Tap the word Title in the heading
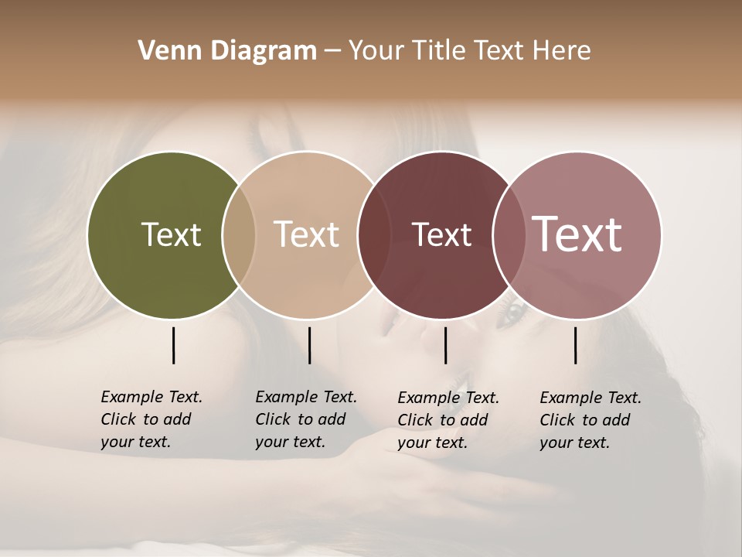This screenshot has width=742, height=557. pyautogui.click(x=438, y=51)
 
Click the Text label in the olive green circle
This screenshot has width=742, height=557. pyautogui.click(x=171, y=234)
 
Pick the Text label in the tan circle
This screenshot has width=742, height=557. pyautogui.click(x=306, y=234)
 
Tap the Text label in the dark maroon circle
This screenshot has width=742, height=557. pyautogui.click(x=441, y=234)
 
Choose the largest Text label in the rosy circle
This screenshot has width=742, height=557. pyautogui.click(x=577, y=234)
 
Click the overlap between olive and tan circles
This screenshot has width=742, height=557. pyautogui.click(x=239, y=234)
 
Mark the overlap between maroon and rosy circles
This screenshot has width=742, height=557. pyautogui.click(x=508, y=234)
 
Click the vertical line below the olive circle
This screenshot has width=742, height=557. pyautogui.click(x=173, y=345)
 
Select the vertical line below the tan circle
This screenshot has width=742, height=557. pyautogui.click(x=309, y=345)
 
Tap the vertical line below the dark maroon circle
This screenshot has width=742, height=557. pyautogui.click(x=445, y=345)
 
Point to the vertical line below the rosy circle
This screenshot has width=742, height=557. pyautogui.click(x=575, y=345)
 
